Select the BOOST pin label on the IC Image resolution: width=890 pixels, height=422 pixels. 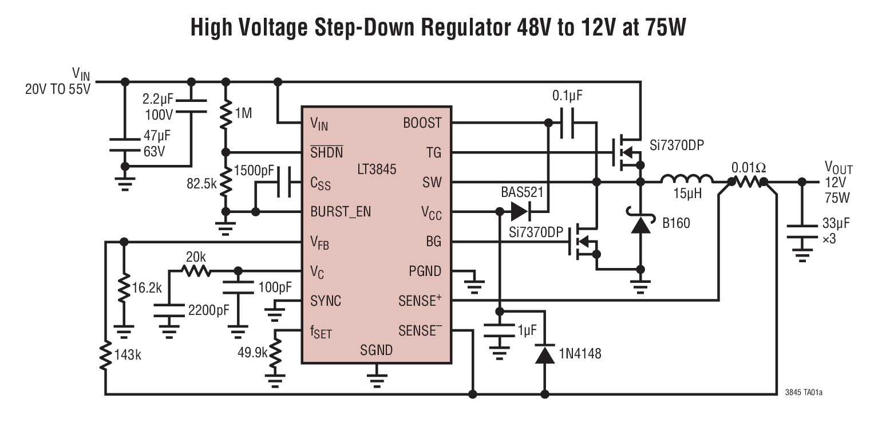(422, 123)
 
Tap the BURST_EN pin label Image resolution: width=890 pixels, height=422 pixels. (341, 212)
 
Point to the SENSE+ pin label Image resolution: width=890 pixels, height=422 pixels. (424, 300)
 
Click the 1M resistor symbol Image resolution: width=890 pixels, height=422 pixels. (227, 113)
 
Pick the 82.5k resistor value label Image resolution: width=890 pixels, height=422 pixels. (201, 184)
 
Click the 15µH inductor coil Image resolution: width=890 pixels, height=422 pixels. (687, 180)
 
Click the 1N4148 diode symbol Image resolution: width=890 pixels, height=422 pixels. (544, 355)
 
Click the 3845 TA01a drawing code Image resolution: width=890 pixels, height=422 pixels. (808, 393)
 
